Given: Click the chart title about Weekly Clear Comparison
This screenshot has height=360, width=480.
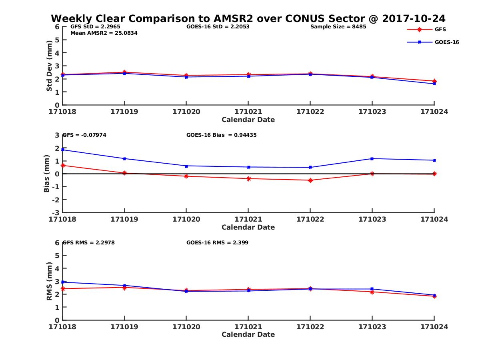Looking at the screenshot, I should coord(248,19).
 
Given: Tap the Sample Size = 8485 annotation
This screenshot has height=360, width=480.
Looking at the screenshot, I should coord(338,27).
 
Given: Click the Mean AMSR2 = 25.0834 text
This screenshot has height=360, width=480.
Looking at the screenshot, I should coord(104,33).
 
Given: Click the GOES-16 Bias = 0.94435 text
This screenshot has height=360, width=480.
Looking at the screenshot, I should coord(221,135).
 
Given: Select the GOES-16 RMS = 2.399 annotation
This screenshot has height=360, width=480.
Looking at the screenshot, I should coord(217,242).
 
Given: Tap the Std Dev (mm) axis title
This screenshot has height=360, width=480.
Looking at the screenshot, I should coord(49,66).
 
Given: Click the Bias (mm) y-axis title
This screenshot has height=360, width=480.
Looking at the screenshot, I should coord(47,174).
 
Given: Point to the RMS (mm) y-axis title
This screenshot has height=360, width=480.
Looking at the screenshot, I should coord(49,281).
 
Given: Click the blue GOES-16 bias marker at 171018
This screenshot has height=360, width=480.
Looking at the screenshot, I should coord(63,150).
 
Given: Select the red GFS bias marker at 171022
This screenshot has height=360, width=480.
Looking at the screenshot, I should coord(310,180).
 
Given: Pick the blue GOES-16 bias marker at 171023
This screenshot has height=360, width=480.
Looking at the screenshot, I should coord(372,159).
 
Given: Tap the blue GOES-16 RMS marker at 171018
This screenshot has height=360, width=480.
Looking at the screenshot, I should coord(63,282).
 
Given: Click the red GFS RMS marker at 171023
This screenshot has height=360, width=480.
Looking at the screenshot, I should coord(372,292).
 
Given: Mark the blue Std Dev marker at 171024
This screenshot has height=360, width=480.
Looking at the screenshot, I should coord(434,84).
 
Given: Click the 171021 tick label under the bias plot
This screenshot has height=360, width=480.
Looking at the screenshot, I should coord(248,219).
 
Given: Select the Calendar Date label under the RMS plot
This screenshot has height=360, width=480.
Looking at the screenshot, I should coord(248,334).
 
